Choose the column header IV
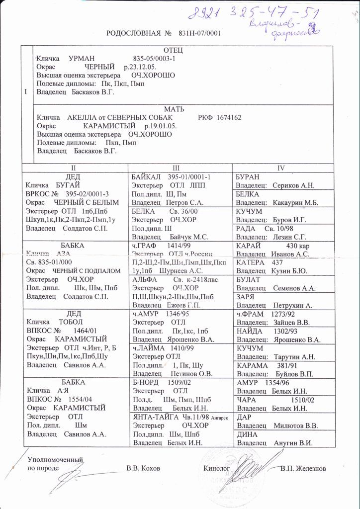click(281, 168)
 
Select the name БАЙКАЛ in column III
click(147, 177)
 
